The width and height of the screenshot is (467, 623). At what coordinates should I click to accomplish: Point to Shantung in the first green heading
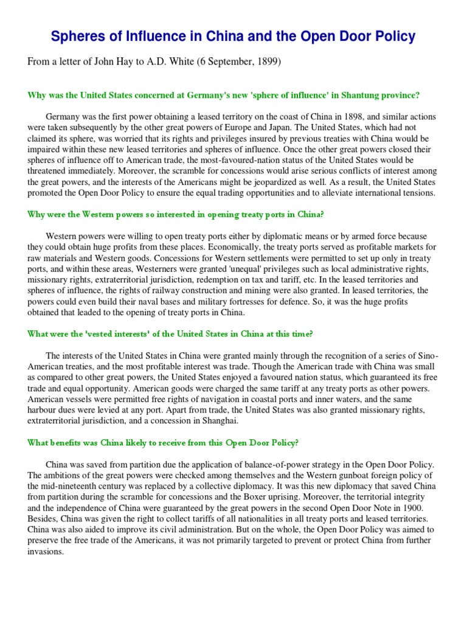coord(348,95)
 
